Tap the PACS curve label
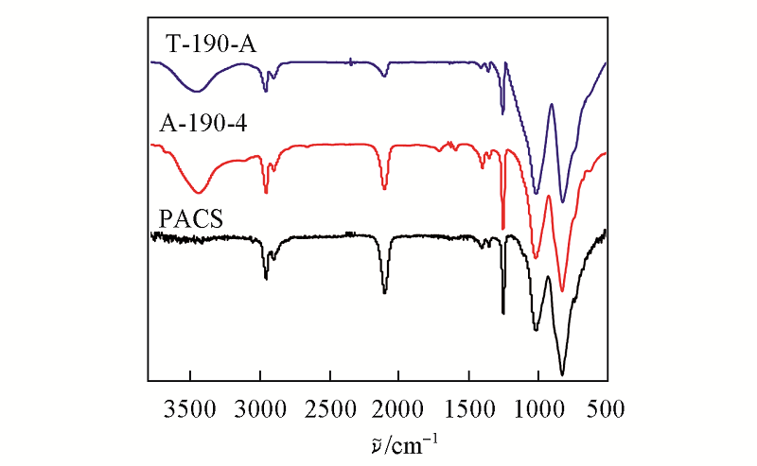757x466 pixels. pyautogui.click(x=189, y=219)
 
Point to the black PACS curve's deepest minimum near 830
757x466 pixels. pyautogui.click(x=562, y=374)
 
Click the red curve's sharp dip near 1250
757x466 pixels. pyautogui.click(x=502, y=228)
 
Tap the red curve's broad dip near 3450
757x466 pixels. pyautogui.click(x=199, y=192)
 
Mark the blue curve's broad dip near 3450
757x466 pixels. pyautogui.click(x=197, y=92)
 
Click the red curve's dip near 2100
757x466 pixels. pyautogui.click(x=384, y=189)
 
